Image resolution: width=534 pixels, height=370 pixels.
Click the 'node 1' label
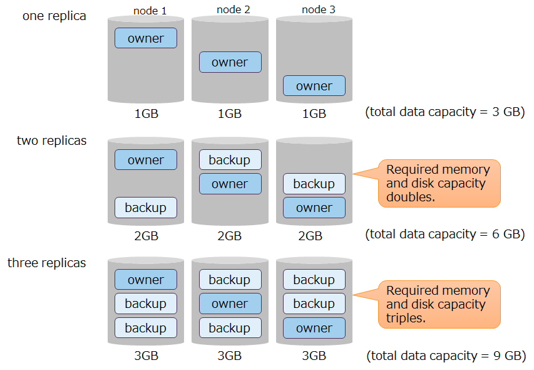tap(150, 11)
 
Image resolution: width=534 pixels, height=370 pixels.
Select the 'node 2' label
tap(233, 9)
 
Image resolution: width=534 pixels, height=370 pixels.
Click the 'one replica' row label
tap(54, 16)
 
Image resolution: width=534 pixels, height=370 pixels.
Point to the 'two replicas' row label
tap(52, 140)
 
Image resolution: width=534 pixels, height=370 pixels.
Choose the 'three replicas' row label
tap(47, 263)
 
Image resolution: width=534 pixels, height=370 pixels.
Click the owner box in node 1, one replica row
tap(146, 38)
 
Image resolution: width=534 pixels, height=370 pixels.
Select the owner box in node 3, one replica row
tap(314, 86)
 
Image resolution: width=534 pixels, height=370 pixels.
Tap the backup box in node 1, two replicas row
tap(146, 208)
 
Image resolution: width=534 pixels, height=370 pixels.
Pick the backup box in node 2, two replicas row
tap(230, 160)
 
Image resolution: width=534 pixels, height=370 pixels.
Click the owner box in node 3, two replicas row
tap(314, 208)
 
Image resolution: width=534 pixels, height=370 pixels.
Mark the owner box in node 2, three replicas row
tap(230, 304)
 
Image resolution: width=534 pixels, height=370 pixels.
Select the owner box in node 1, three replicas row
tap(146, 280)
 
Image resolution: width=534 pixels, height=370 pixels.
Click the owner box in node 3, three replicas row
tap(314, 328)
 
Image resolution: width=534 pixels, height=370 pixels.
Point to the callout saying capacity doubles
tap(439, 183)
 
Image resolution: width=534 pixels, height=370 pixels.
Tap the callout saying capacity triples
tap(439, 304)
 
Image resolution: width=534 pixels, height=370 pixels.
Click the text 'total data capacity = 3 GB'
tap(444, 112)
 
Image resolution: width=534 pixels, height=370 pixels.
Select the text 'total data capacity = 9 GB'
tap(444, 356)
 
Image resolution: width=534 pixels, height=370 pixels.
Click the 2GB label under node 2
tap(230, 236)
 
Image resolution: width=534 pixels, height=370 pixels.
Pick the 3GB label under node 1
tap(146, 356)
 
